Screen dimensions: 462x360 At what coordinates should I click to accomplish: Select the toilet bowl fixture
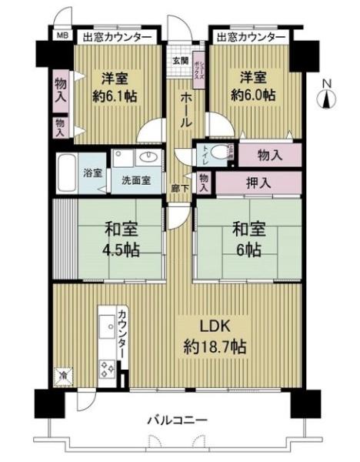(224, 152)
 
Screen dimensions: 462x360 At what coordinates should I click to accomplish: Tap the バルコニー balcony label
(178, 420)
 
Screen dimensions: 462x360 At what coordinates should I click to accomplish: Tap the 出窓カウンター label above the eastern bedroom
(250, 36)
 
